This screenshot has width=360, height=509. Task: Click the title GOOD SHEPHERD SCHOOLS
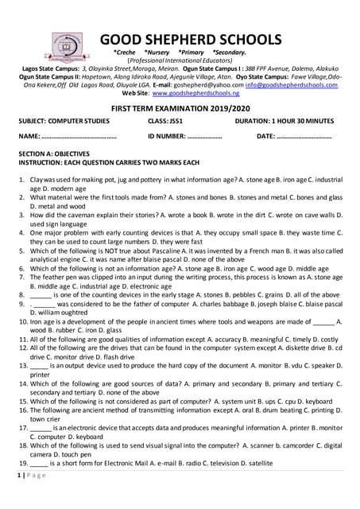pyautogui.click(x=190, y=40)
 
